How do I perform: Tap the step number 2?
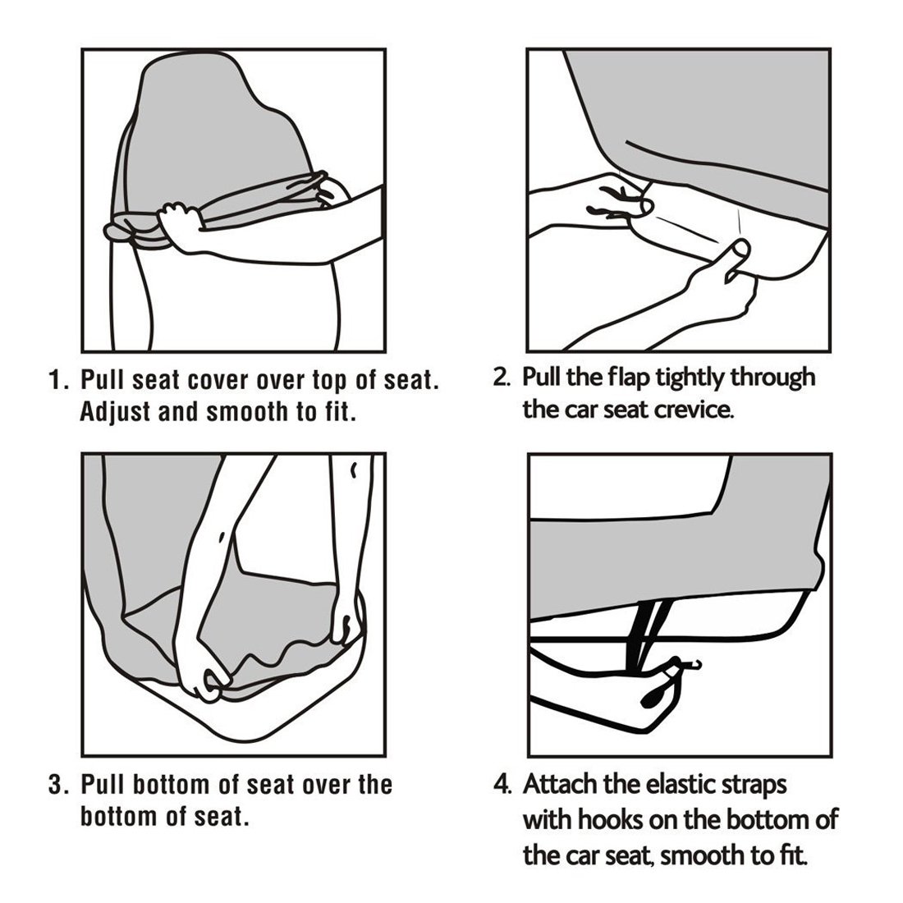[501, 378]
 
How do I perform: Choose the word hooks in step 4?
[611, 820]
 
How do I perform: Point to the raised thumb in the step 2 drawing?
[737, 259]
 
